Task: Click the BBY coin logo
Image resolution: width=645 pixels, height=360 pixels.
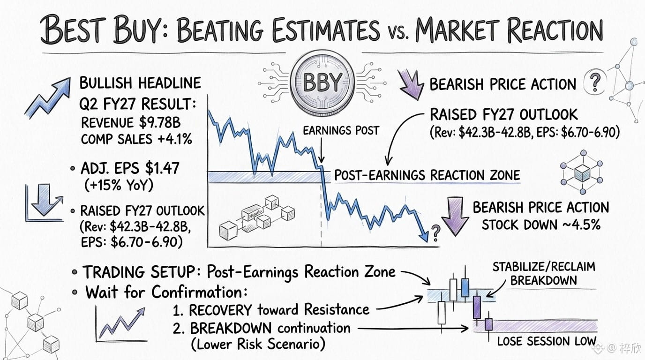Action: (322, 83)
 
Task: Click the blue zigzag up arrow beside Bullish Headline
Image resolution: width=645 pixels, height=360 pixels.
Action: (47, 98)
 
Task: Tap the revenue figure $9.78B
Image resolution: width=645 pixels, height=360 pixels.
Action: (159, 122)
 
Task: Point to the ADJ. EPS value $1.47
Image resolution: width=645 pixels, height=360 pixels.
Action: (162, 168)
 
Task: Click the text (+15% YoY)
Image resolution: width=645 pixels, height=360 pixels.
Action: (119, 185)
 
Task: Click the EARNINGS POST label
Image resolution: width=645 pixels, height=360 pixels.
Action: (341, 131)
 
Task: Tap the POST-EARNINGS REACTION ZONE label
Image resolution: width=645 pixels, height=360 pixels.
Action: (427, 175)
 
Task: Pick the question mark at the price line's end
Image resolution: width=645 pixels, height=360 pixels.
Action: (435, 233)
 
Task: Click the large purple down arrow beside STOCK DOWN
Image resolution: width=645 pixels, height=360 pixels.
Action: (455, 216)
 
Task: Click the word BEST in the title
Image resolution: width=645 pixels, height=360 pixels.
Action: (74, 30)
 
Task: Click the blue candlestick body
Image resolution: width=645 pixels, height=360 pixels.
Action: (465, 287)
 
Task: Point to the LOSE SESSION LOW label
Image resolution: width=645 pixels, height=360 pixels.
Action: (547, 341)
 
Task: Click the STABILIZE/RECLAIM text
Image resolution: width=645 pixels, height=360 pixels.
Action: (544, 267)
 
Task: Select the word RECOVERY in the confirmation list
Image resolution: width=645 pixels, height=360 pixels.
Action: (220, 310)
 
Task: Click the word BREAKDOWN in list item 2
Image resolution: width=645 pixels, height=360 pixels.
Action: (231, 328)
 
